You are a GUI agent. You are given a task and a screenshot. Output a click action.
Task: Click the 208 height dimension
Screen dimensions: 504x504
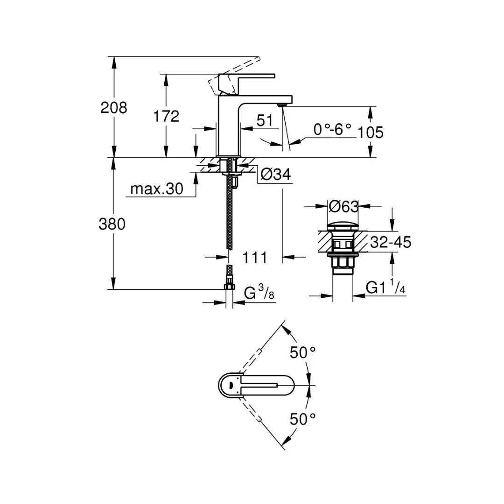(114, 108)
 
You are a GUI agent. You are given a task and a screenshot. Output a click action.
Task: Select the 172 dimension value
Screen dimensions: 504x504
(166, 116)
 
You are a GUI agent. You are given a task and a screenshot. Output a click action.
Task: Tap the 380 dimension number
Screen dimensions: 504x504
(112, 224)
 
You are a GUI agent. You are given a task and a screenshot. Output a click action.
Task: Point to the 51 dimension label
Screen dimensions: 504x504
(265, 120)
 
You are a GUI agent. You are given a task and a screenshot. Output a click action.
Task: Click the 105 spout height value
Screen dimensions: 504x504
(371, 133)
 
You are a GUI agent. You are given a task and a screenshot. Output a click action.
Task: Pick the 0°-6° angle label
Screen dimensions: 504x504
(332, 130)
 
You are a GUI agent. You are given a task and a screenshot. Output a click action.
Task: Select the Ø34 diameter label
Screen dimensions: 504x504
(276, 175)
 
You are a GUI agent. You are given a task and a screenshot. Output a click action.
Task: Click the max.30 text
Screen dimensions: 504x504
(156, 189)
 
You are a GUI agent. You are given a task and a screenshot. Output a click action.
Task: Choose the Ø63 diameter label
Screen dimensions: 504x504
(343, 206)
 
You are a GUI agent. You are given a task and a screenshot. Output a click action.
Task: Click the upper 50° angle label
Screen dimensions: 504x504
(302, 353)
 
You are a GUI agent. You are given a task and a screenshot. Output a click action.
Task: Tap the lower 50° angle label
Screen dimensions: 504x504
(302, 419)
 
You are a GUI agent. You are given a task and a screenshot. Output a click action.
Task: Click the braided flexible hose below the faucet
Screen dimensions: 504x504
(229, 215)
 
